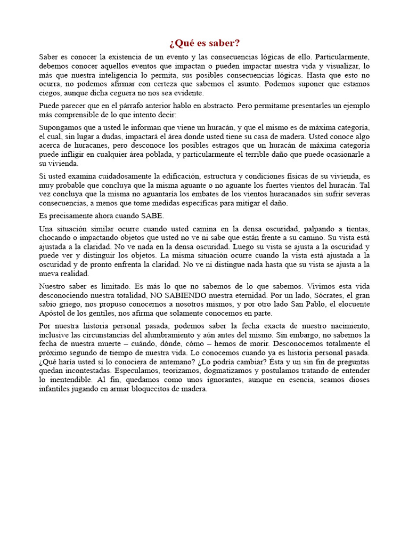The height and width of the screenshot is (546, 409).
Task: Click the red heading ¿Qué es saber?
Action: [x=204, y=43]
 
